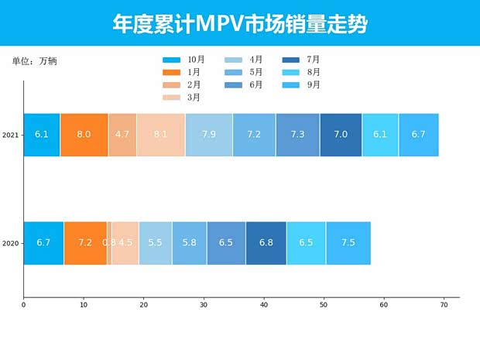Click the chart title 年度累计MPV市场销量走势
tap(239, 24)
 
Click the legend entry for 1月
tap(183, 72)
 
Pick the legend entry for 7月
tap(302, 60)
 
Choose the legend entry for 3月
tap(183, 97)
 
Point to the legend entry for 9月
tap(302, 84)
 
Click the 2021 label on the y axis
tap(10, 135)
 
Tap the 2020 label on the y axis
tap(10, 243)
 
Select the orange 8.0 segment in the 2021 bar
tap(84, 135)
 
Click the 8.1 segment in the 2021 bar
tap(161, 135)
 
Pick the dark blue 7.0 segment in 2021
tap(341, 135)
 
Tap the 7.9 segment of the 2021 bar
tap(209, 135)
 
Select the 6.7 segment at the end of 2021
tap(419, 135)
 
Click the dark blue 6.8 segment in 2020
tap(266, 243)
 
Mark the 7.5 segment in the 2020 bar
tap(348, 243)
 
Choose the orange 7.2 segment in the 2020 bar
tap(85, 243)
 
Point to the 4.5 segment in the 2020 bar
tap(125, 243)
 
